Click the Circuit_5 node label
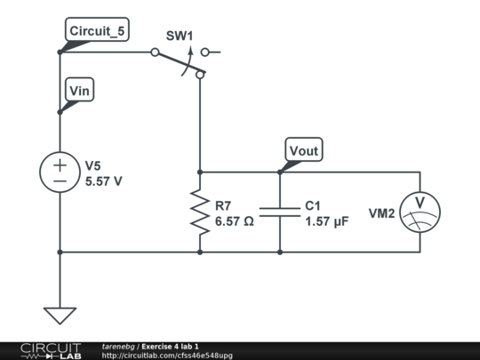(97, 29)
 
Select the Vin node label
(80, 90)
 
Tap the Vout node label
(304, 149)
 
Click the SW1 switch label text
(180, 36)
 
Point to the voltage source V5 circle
(60, 172)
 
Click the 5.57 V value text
(104, 181)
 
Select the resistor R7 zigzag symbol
(200, 212)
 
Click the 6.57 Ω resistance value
(235, 221)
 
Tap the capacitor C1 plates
(280, 212)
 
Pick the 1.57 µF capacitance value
(327, 221)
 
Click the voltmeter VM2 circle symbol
(420, 212)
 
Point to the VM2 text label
(381, 213)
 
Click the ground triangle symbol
(60, 316)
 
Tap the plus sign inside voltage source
(60, 165)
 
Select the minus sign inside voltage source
(60, 181)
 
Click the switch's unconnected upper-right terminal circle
(204, 52)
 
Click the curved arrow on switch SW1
(188, 60)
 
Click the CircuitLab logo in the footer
(52, 351)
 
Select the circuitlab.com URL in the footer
(167, 356)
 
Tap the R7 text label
(223, 205)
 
